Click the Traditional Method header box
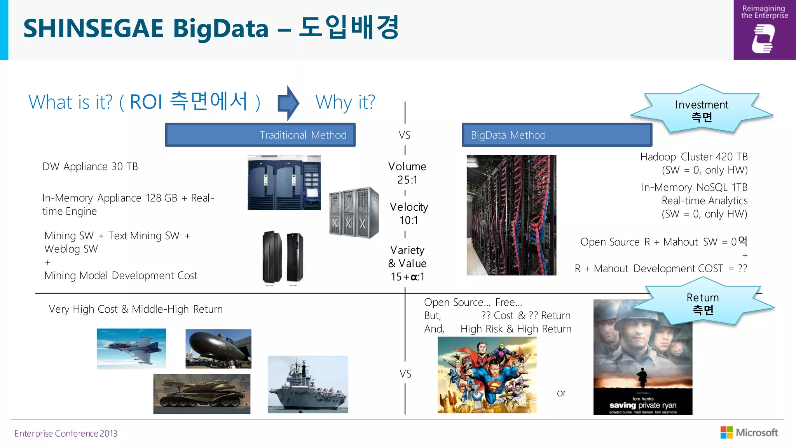click(x=260, y=135)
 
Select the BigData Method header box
click(x=557, y=135)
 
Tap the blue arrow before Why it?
click(x=288, y=103)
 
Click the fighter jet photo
click(x=131, y=348)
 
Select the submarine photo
click(x=218, y=349)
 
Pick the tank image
click(x=202, y=394)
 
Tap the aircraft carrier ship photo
click(x=308, y=384)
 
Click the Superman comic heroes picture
click(x=487, y=374)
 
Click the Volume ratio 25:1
click(x=407, y=180)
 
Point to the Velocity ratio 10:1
click(x=409, y=220)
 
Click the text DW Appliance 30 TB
click(x=90, y=166)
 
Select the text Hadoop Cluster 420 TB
click(x=694, y=157)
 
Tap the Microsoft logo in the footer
click(x=749, y=432)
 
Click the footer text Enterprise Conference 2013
click(x=66, y=433)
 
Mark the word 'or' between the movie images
click(x=561, y=393)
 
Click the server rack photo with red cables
click(x=511, y=215)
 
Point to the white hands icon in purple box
click(x=763, y=38)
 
